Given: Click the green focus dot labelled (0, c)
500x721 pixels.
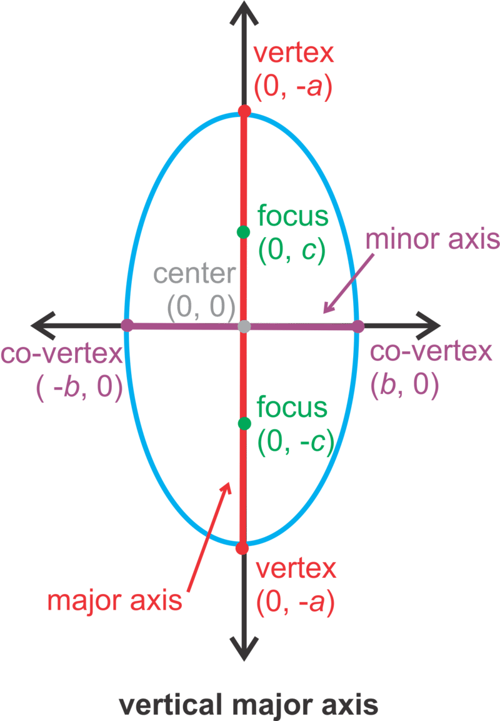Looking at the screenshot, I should pyautogui.click(x=243, y=232).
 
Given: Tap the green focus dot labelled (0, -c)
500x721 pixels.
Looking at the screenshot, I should pyautogui.click(x=244, y=424).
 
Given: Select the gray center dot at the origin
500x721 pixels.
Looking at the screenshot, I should pyautogui.click(x=244, y=326).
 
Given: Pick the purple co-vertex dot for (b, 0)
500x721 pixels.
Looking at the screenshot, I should pyautogui.click(x=358, y=326).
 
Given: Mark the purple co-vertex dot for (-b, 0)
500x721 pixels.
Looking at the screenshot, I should pyautogui.click(x=127, y=325).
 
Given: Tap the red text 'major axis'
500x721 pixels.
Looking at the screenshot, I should pyautogui.click(x=115, y=601).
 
